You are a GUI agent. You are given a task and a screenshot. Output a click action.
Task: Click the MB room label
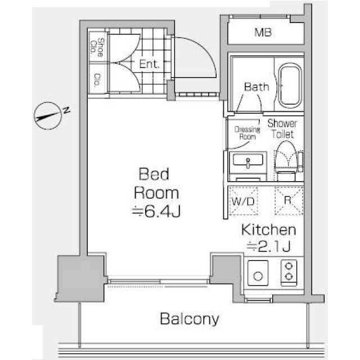point(263,33)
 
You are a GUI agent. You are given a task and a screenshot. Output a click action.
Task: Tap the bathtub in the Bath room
point(290,85)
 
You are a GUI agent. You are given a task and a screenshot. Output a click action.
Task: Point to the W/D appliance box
point(244,201)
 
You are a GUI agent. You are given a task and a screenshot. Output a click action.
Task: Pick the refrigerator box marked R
point(289,201)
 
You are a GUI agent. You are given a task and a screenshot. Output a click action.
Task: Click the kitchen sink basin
point(258,273)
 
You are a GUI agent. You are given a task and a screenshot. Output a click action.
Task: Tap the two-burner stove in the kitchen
point(289,273)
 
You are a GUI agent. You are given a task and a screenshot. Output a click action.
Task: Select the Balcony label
point(190,319)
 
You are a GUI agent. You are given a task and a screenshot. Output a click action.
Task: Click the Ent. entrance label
point(149,64)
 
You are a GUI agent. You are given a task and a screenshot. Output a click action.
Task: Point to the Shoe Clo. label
point(97,47)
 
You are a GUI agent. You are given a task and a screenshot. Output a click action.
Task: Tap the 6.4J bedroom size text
point(156,211)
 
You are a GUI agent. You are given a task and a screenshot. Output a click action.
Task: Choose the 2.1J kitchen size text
point(268,246)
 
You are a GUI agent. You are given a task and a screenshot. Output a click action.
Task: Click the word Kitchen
point(269,229)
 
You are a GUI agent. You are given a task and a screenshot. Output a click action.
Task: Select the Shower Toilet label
point(282,129)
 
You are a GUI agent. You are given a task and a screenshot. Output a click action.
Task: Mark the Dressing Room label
point(247,133)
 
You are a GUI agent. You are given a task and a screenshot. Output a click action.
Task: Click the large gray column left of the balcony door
point(81,278)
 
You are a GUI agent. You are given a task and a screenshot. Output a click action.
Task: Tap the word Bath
point(256,87)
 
